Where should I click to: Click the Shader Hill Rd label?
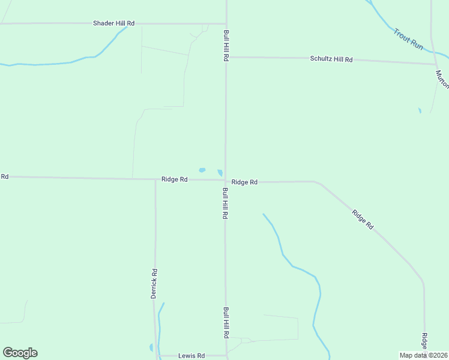(x=113, y=23)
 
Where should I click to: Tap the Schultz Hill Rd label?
(x=331, y=59)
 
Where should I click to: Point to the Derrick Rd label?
(x=154, y=283)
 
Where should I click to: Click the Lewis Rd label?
(x=191, y=356)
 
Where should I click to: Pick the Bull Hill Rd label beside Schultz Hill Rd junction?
(x=227, y=46)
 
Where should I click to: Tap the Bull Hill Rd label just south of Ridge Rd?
(x=225, y=203)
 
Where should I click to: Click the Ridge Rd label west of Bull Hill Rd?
(x=175, y=179)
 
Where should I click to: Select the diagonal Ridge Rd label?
(x=363, y=219)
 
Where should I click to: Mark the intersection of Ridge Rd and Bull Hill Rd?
(x=226, y=180)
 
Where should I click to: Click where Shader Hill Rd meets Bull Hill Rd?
(x=226, y=24)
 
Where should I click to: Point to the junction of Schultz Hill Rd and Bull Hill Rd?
(x=226, y=58)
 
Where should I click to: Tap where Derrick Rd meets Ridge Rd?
(x=155, y=179)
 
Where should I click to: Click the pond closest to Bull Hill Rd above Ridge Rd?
(x=220, y=173)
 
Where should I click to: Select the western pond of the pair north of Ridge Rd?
(x=202, y=170)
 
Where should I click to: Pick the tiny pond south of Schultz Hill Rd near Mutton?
(x=420, y=110)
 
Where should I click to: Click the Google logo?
(x=20, y=353)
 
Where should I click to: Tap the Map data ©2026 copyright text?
(x=424, y=355)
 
